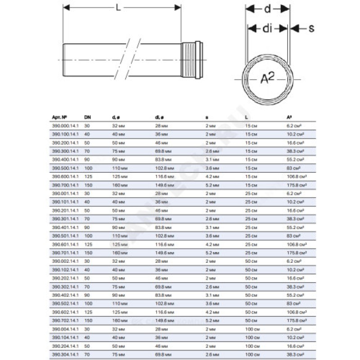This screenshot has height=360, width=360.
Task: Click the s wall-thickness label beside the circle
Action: coord(311,28)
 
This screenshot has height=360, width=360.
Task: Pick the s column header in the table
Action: coord(207,118)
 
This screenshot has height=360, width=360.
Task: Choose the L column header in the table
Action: coord(246,118)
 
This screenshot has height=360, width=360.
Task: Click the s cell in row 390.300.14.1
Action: coord(212,151)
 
